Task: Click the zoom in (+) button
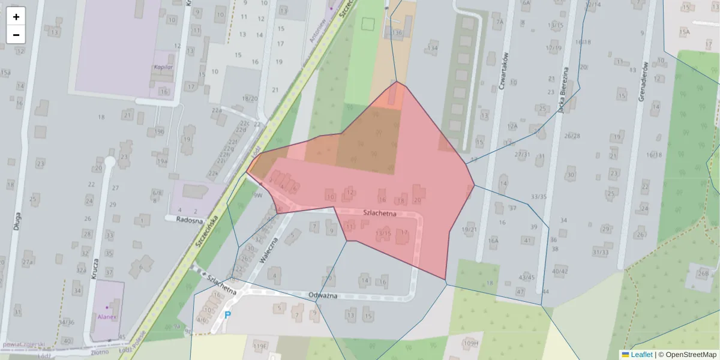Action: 16,16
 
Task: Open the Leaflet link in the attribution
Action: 641,355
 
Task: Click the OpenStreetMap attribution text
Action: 689,355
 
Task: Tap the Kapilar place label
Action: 163,67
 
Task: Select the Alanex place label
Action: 108,316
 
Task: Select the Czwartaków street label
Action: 503,73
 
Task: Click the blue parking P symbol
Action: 227,314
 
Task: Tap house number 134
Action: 432,48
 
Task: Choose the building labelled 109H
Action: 471,343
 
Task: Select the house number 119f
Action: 259,346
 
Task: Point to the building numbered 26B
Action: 703,273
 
